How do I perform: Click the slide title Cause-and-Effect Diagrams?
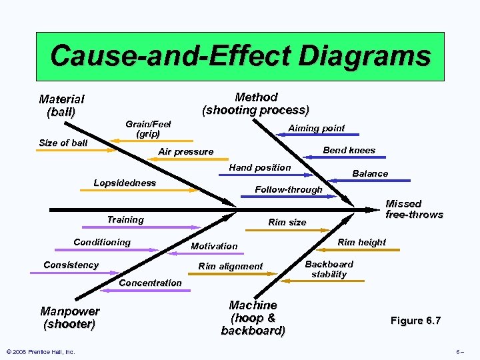[240, 55]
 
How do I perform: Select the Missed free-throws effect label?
[413, 209]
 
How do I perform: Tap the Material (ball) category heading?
[61, 105]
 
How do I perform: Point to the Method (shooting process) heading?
[256, 103]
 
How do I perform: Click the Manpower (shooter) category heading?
[69, 318]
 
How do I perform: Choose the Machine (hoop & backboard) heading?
[253, 317]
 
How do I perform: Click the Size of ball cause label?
[63, 143]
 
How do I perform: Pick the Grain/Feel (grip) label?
[148, 129]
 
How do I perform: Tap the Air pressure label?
[185, 152]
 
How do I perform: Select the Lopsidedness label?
[125, 183]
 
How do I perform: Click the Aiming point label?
[316, 128]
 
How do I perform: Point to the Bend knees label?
[349, 150]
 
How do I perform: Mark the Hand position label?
[259, 167]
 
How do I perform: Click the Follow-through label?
[288, 189]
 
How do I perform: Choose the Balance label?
[369, 173]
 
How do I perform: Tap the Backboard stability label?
[329, 269]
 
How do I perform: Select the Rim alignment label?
[231, 266]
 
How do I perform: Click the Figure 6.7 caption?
[415, 321]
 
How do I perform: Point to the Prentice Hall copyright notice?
[40, 351]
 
